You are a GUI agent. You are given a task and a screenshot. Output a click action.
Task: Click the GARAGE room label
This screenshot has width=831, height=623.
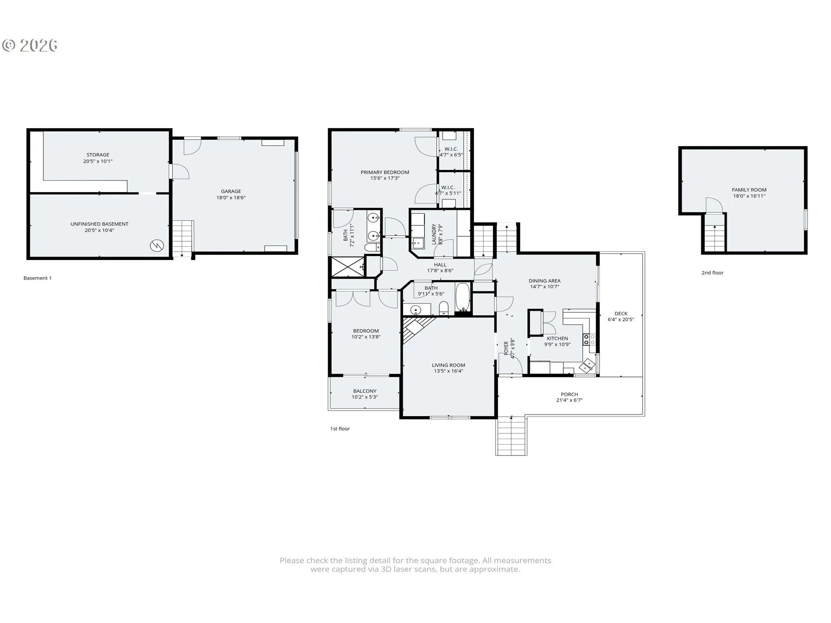pos(231,191)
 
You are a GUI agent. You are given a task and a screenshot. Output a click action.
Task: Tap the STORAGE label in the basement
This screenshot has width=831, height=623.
pos(98,155)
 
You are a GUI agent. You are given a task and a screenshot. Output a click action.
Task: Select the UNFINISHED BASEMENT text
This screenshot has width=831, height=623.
pos(100,224)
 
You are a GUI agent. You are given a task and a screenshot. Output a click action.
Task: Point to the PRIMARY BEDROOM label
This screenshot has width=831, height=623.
pos(385,172)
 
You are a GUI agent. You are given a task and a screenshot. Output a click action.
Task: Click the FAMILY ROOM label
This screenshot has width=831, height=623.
pos(749,190)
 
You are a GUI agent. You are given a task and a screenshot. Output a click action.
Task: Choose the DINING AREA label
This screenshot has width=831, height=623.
pos(544,281)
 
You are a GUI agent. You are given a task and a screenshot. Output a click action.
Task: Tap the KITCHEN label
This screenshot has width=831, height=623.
pos(557,339)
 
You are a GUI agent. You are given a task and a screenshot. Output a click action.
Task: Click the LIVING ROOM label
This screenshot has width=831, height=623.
pos(448,365)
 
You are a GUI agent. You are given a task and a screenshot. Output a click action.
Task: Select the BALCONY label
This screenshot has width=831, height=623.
pos(365,391)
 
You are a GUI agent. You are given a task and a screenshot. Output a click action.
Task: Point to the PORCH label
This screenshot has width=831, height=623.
pos(570,395)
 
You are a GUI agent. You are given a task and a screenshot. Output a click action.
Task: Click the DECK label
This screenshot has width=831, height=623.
pos(621,314)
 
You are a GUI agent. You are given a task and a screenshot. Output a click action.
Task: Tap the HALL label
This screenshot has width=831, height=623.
pos(440,265)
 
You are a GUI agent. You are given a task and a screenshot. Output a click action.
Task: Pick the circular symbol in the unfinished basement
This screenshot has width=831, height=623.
pos(156,246)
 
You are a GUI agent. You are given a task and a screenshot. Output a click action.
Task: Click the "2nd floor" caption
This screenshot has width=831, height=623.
pos(712,273)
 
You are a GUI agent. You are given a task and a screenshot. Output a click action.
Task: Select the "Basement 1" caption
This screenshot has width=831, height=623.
pos(38,278)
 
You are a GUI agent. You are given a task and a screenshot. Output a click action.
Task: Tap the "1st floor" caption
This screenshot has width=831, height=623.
pos(340,429)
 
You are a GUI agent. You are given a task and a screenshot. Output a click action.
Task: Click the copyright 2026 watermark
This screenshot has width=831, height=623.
pos(30,45)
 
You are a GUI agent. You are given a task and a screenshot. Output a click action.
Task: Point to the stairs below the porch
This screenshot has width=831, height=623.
pos(512,436)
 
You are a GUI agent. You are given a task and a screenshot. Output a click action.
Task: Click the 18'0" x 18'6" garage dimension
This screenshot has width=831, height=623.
pos(231,198)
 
